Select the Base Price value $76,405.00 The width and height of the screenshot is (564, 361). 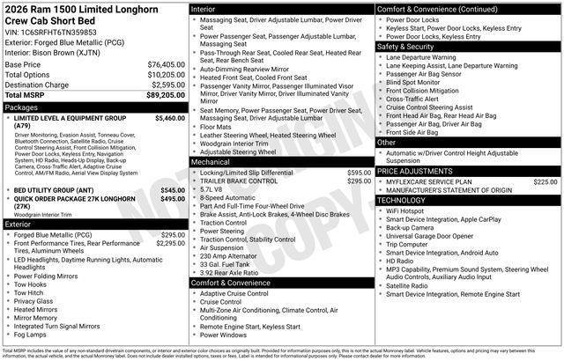point(166,64)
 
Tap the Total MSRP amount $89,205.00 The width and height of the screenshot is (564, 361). point(166,94)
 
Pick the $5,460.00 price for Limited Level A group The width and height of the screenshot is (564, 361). point(169,117)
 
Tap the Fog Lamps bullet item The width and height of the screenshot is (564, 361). point(31,335)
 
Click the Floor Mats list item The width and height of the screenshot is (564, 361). point(217,126)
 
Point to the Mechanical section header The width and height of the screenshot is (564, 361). point(211,162)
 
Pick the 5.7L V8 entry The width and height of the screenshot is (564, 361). point(212,190)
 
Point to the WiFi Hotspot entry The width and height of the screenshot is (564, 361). point(405,210)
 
